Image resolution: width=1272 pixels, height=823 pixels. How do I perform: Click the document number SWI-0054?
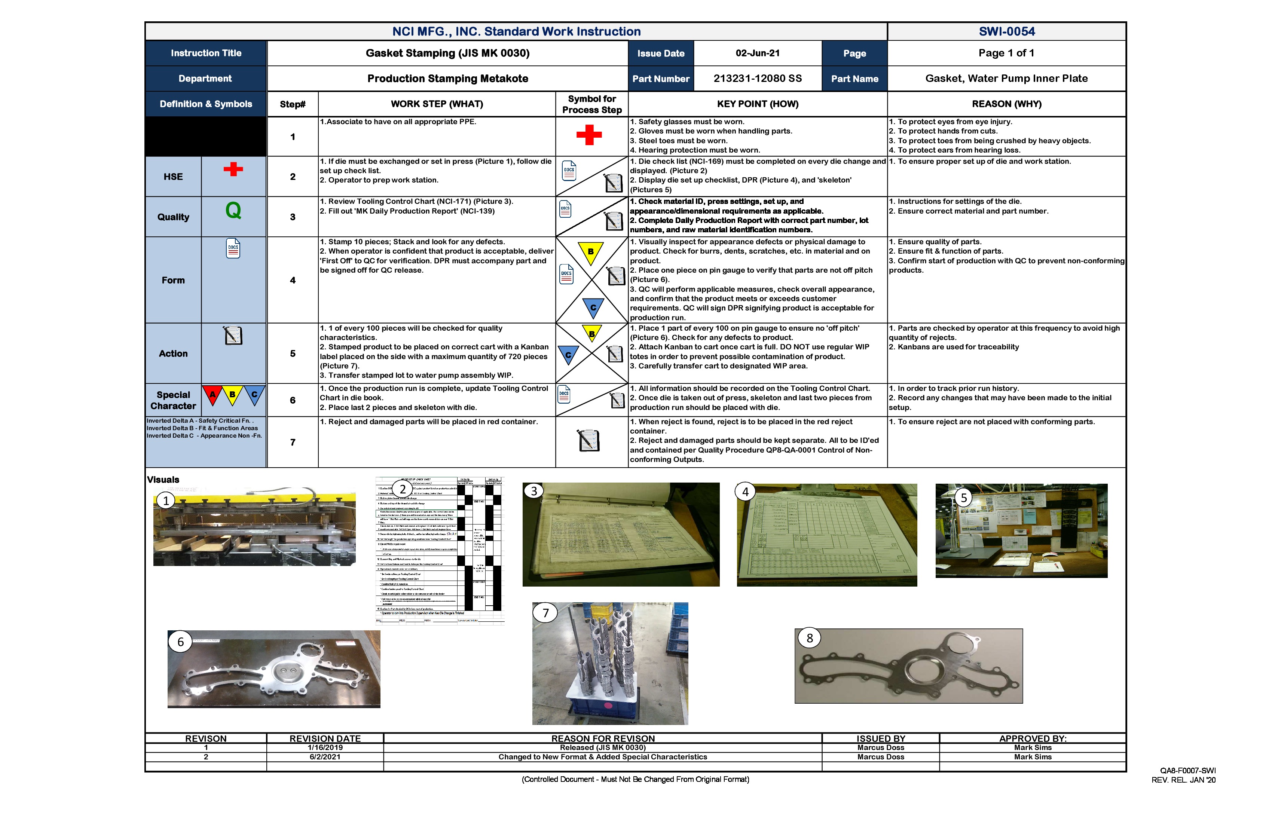coord(1006,31)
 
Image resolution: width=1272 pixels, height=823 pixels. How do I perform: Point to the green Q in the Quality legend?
coord(233,211)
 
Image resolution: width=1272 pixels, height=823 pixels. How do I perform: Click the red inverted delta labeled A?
coord(212,394)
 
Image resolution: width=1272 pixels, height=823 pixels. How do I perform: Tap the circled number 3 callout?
coord(533,490)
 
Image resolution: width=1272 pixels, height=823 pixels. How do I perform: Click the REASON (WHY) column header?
coord(1006,104)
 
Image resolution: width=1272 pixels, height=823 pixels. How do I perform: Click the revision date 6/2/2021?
coord(325,757)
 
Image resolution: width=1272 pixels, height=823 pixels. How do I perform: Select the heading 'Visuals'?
coord(163,479)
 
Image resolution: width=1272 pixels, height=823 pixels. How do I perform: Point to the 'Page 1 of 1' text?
coord(1006,53)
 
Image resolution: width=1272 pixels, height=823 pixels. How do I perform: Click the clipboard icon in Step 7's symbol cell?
coord(588,440)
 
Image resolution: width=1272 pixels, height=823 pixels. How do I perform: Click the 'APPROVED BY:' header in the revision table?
coord(1033,738)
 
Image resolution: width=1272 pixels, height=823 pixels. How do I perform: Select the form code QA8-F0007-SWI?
coord(1187,770)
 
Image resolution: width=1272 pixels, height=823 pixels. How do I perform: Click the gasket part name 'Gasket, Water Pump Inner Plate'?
coord(1006,79)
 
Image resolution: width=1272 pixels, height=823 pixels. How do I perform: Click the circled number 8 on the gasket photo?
coord(809,637)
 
